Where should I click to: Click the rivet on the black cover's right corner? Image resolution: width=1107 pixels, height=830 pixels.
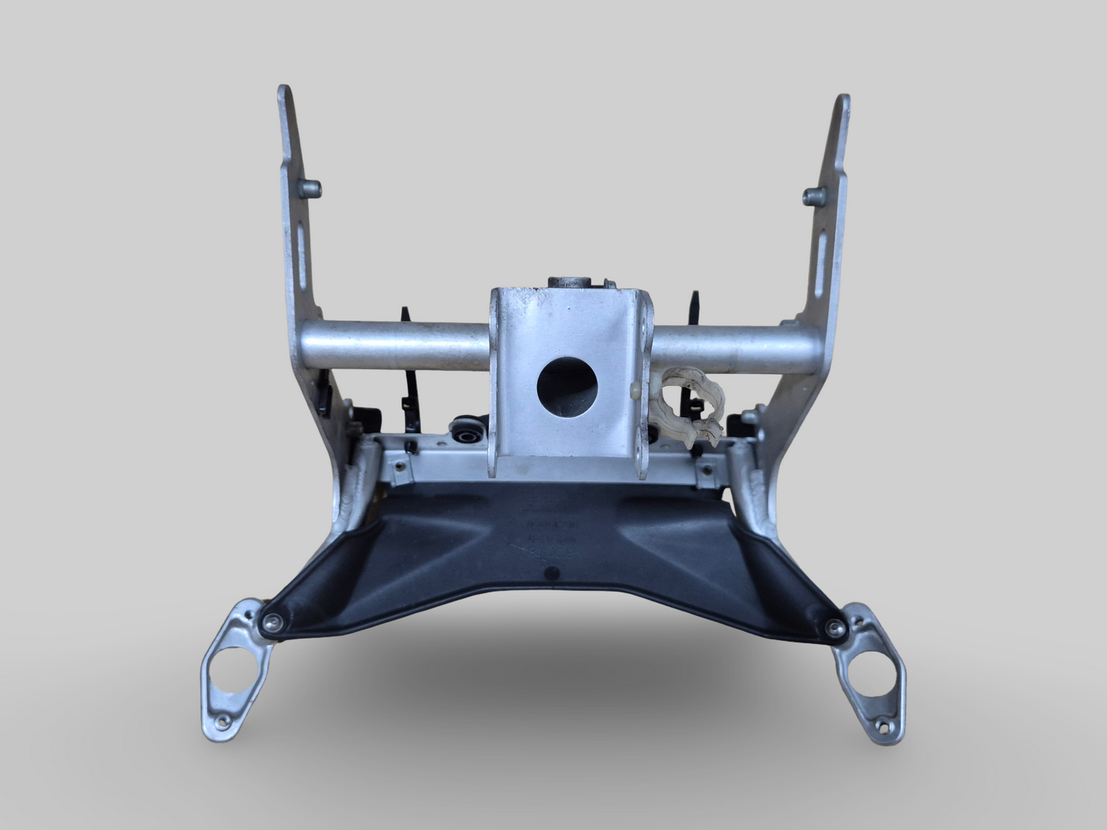click(x=834, y=629)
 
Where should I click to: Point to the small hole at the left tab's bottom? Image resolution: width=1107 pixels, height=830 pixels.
click(x=223, y=720)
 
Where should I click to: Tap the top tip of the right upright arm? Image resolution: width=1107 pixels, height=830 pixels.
click(x=843, y=100)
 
